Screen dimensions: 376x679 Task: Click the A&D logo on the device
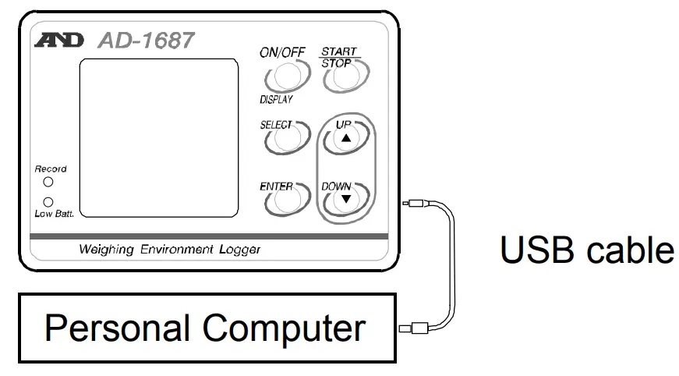click(58, 41)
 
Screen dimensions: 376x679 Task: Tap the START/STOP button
click(342, 75)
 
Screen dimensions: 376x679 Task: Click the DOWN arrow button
click(344, 199)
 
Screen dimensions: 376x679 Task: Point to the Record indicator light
click(48, 182)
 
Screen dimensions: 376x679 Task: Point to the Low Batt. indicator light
click(48, 201)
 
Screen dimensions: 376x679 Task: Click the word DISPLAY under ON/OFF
click(276, 100)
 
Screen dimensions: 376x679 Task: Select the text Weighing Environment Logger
click(169, 250)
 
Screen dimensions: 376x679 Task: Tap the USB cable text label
click(586, 250)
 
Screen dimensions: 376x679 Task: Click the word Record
click(50, 168)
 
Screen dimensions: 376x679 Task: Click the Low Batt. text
click(53, 214)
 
